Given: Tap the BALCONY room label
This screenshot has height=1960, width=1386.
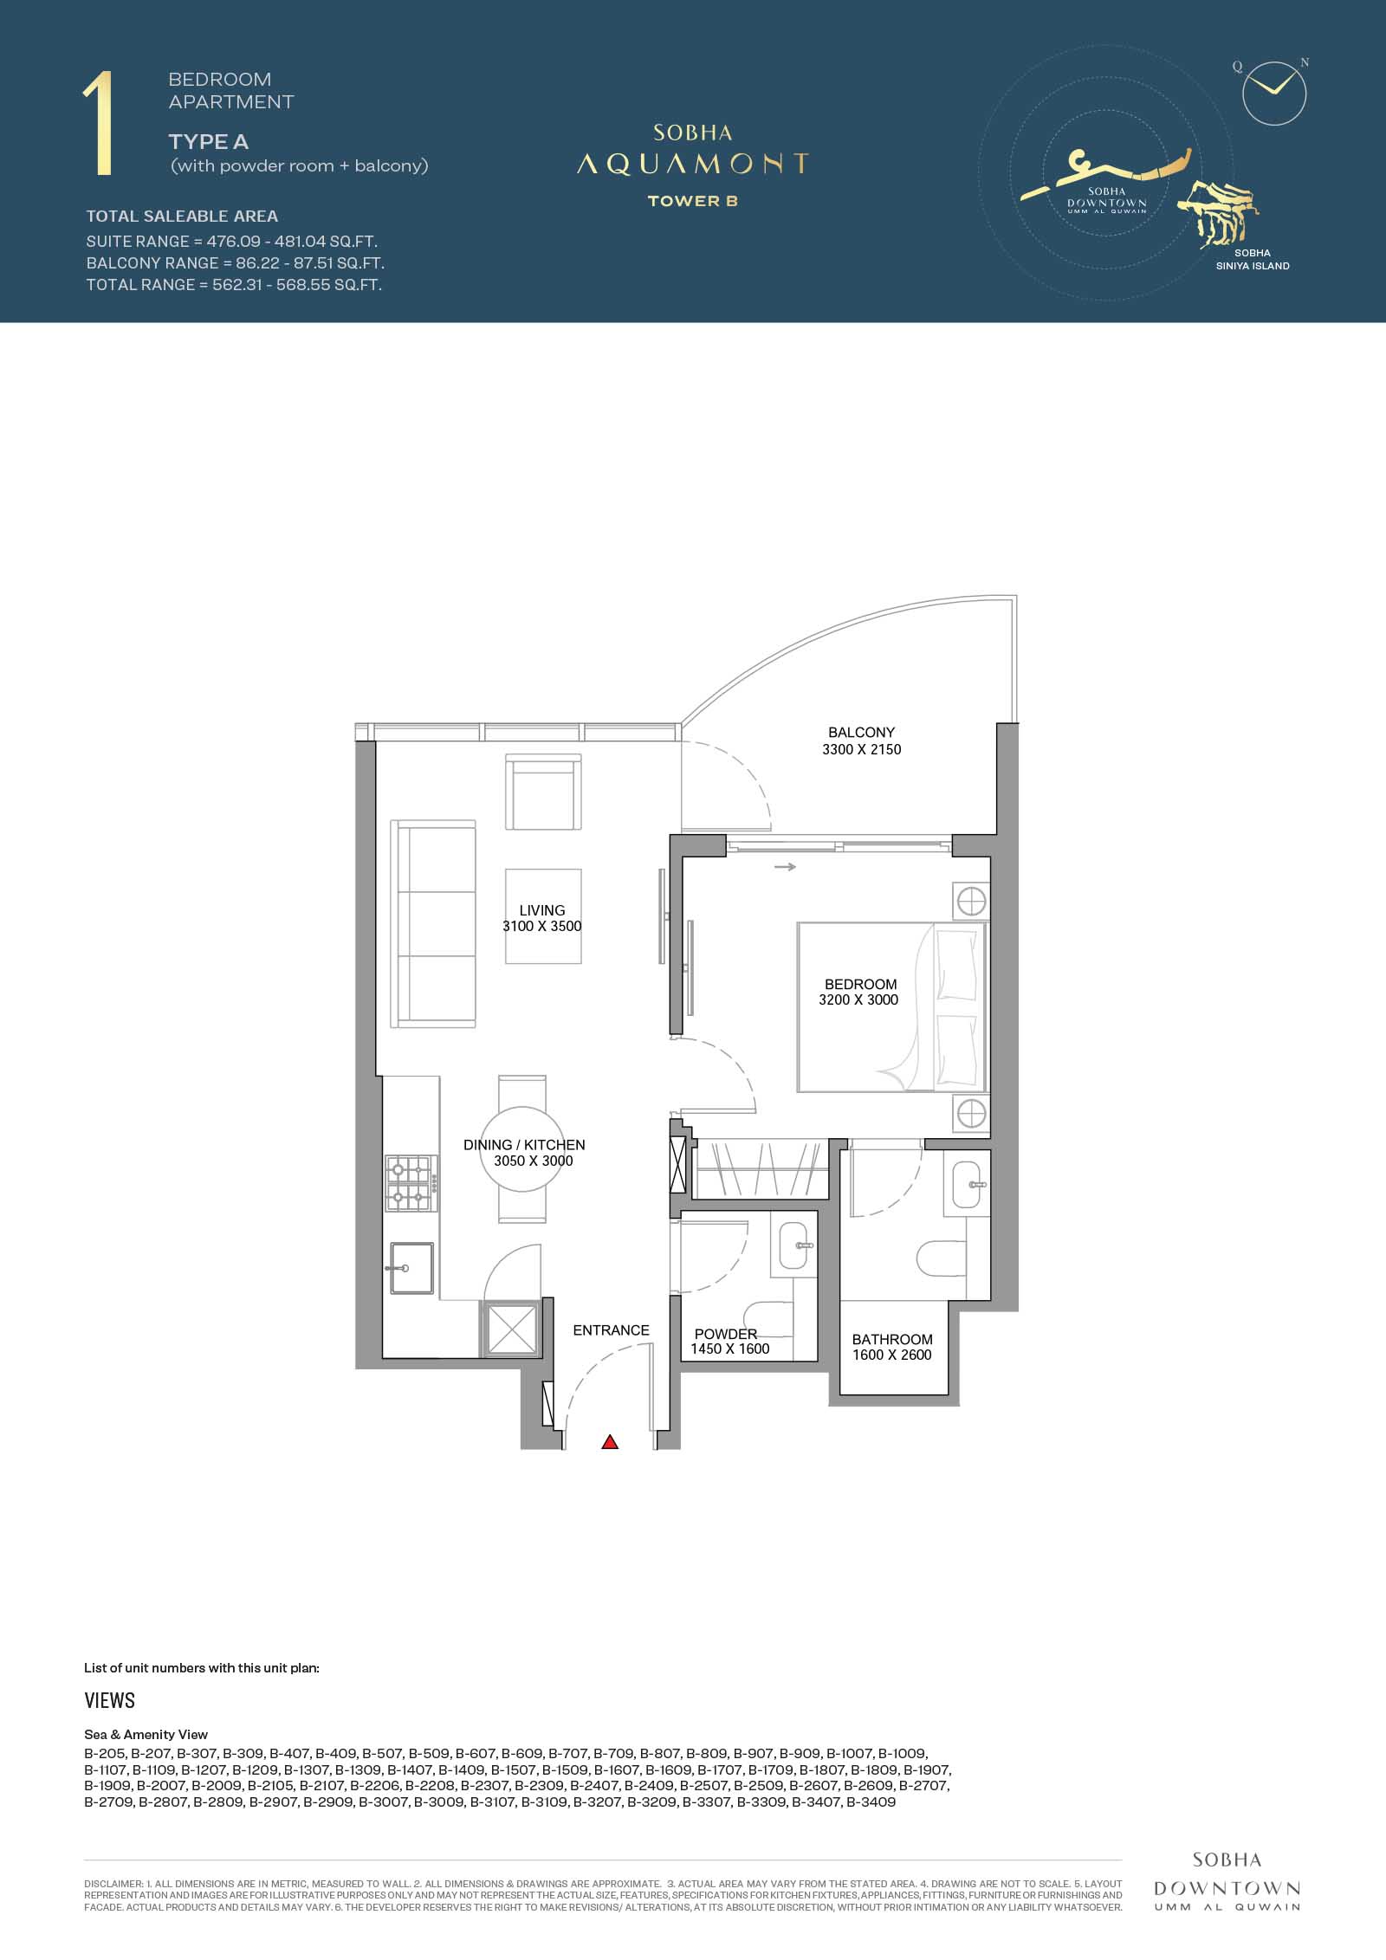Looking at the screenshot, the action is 861,732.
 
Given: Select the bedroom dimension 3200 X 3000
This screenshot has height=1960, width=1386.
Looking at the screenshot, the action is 858,999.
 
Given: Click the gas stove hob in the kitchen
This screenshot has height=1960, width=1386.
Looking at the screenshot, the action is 411,1184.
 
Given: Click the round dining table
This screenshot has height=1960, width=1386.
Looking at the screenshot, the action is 522,1149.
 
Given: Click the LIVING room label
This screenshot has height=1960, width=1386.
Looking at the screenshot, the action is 542,910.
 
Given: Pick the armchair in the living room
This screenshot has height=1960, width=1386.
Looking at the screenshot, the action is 543,792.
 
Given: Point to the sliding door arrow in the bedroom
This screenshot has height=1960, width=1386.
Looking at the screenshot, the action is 786,866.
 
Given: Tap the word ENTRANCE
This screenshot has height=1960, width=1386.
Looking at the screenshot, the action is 611,1330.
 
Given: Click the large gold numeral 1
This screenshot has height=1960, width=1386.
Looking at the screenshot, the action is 100,125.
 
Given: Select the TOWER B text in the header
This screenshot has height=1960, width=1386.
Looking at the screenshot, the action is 693,201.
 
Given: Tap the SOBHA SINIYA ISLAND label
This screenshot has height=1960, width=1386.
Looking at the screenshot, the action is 1253,260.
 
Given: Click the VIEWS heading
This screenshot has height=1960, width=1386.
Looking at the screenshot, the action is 110,1700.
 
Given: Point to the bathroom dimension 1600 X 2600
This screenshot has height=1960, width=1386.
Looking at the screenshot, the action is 892,1355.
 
